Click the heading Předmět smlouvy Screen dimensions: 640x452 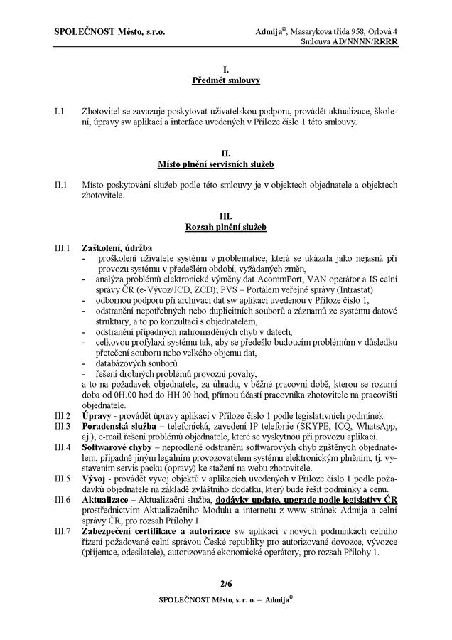pos(225,82)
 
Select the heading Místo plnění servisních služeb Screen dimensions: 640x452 pos(225,165)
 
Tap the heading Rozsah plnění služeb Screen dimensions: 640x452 pos(225,227)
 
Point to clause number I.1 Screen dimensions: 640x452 pos(60,112)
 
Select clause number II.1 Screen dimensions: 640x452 pos(61,186)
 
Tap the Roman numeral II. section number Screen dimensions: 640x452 pos(225,155)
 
